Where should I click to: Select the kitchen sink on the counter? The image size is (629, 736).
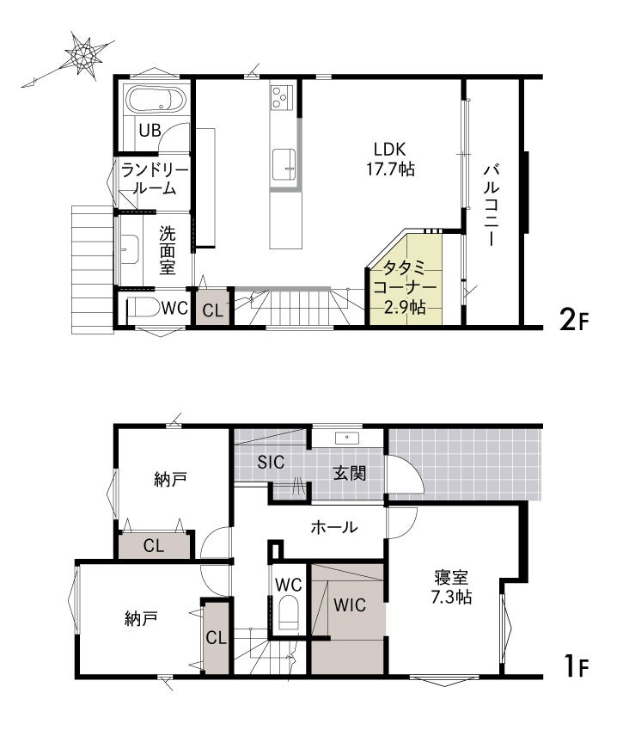click(x=284, y=164)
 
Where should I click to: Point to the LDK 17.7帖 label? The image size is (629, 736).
click(x=390, y=159)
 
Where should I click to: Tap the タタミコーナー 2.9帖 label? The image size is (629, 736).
click(x=405, y=287)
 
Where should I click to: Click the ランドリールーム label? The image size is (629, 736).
click(x=155, y=180)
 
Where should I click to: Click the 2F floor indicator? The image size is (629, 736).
click(x=573, y=321)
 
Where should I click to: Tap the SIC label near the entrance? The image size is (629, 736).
click(x=271, y=462)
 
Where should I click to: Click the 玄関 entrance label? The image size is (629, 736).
click(x=350, y=473)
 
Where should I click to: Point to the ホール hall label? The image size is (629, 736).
click(x=334, y=527)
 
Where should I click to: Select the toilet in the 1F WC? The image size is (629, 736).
click(x=289, y=612)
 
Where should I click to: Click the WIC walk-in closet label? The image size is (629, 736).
click(x=350, y=605)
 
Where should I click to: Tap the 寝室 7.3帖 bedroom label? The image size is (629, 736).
click(x=451, y=586)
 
